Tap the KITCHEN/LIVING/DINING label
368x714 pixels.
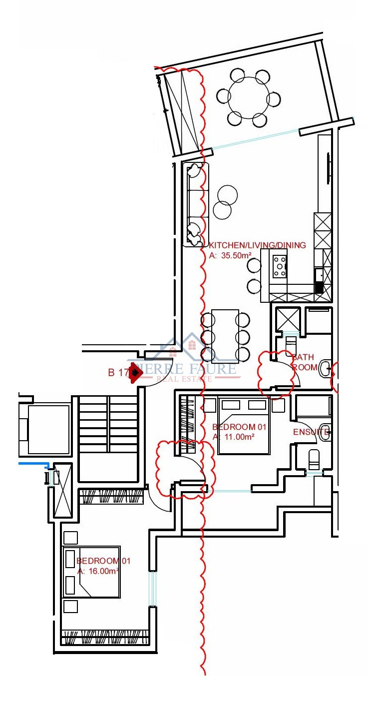point(257,245)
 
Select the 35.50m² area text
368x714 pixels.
point(229,255)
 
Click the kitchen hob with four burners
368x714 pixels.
point(280,266)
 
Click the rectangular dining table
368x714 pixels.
point(225,335)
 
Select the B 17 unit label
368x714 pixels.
point(118,372)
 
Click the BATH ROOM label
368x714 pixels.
point(304,362)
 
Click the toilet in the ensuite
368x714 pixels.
point(314,459)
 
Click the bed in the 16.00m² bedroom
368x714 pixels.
point(91,572)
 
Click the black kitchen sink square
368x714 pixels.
point(319,288)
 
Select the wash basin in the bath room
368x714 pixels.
point(325,369)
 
